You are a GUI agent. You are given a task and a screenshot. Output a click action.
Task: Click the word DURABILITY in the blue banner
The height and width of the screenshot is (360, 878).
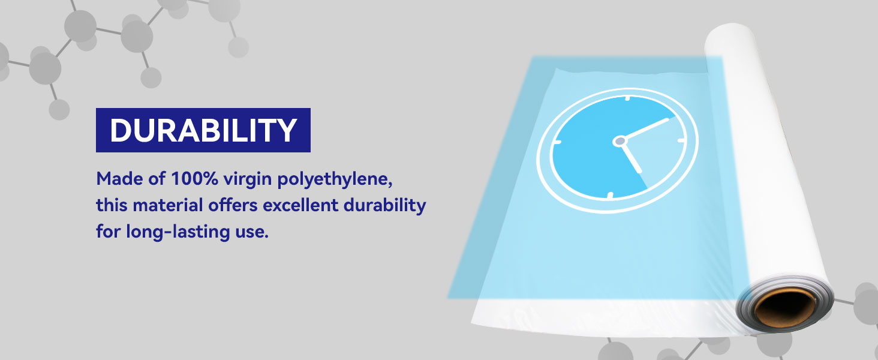(x=203, y=130)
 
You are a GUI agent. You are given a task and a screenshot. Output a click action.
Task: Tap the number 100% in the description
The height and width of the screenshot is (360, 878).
(x=194, y=179)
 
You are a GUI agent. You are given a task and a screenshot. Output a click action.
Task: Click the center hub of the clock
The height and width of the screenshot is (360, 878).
(x=620, y=141)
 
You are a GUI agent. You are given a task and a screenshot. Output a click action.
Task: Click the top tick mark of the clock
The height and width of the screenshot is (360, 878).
(x=627, y=98)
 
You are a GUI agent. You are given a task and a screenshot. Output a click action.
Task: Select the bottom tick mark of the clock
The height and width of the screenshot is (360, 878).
(x=609, y=195)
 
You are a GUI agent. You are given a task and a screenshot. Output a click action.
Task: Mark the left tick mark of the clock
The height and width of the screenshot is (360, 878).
(x=557, y=142)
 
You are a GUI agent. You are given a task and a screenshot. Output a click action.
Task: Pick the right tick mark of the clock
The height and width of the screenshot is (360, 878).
(x=681, y=140)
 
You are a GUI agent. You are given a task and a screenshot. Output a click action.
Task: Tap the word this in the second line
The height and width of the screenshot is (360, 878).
(x=112, y=205)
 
